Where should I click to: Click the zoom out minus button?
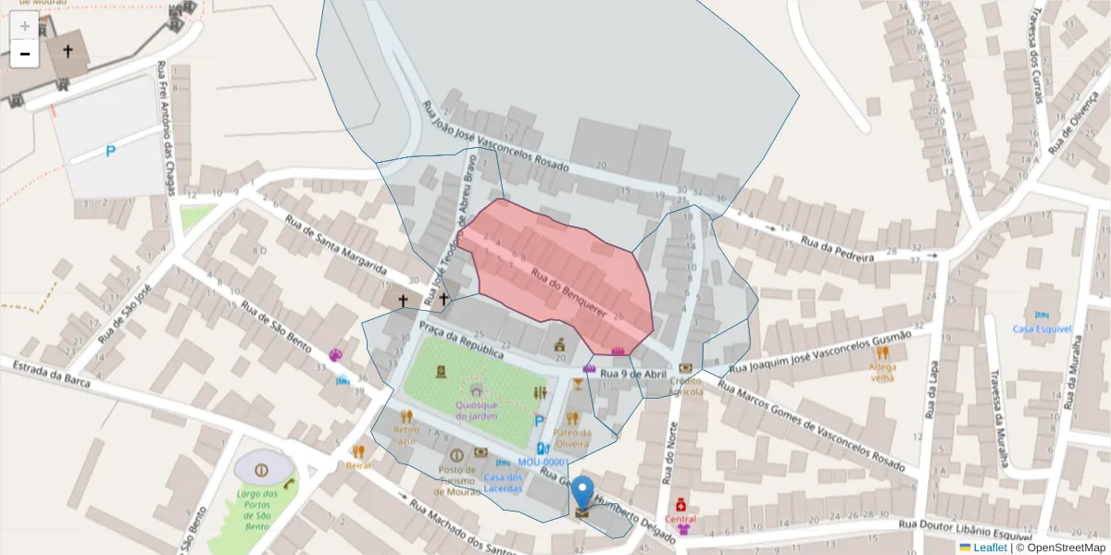click(x=24, y=54)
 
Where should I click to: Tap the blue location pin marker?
click(x=582, y=492)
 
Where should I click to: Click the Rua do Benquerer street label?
click(x=568, y=293)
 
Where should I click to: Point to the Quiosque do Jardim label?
click(x=477, y=410)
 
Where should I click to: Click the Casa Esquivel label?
click(x=1042, y=328)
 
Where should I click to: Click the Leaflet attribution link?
click(x=990, y=548)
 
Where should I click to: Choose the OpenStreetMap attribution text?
click(x=1067, y=548)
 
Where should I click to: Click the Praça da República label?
click(x=461, y=340)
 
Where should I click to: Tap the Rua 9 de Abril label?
click(x=632, y=374)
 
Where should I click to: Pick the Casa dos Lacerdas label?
click(x=502, y=482)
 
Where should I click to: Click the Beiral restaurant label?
click(x=358, y=465)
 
